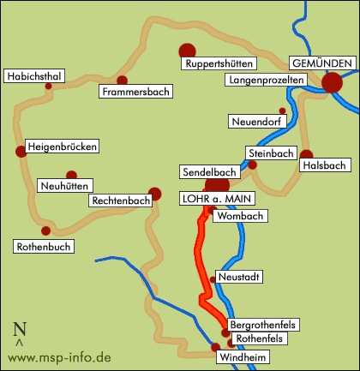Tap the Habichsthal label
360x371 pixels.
pyautogui.click(x=34, y=77)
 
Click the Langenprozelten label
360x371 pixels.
pyautogui.click(x=266, y=80)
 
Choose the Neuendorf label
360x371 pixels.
pyautogui.click(x=256, y=122)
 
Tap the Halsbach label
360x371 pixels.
pyautogui.click(x=324, y=165)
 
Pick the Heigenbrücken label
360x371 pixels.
pyautogui.click(x=62, y=147)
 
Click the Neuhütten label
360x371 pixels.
pyautogui.click(x=65, y=185)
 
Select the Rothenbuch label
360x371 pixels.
pyautogui.click(x=44, y=247)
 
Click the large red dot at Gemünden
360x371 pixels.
pyautogui.click(x=333, y=82)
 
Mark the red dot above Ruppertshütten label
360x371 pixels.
pyautogui.click(x=186, y=51)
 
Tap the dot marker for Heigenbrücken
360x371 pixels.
pyautogui.click(x=20, y=152)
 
